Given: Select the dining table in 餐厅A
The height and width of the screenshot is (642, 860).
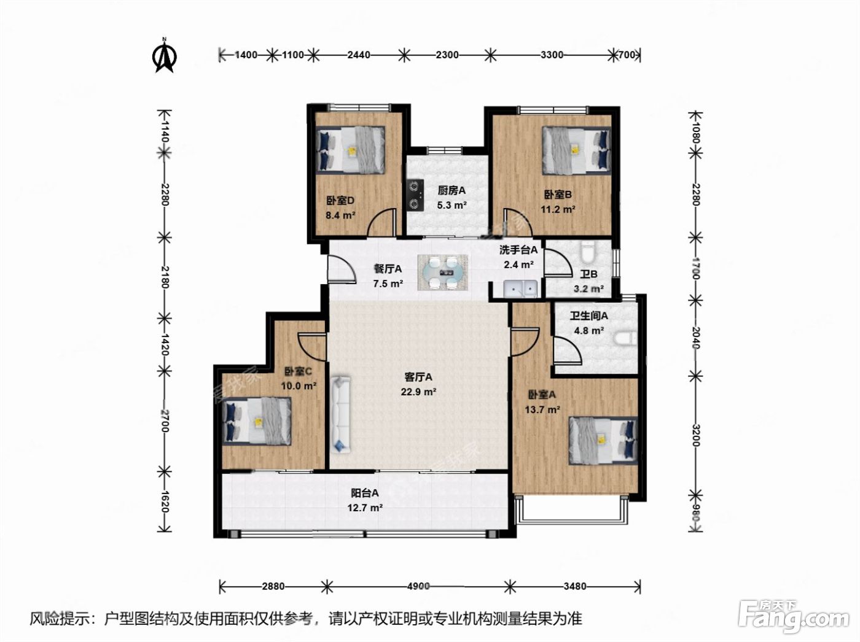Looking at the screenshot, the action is click(x=443, y=273).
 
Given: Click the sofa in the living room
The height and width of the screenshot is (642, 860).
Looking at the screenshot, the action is click(x=340, y=414).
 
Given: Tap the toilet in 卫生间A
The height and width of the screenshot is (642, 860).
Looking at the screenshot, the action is click(x=625, y=339).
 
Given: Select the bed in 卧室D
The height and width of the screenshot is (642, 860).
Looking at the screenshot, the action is click(x=351, y=150).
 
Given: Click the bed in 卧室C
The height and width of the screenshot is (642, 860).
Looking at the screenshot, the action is click(x=257, y=421).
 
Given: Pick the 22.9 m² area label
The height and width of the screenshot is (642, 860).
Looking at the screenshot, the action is click(x=418, y=392).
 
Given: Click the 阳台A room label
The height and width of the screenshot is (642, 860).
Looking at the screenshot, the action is click(x=365, y=493).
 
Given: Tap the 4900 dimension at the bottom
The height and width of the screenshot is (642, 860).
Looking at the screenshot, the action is click(x=418, y=586).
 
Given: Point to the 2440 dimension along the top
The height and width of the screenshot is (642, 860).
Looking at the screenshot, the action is click(x=359, y=55).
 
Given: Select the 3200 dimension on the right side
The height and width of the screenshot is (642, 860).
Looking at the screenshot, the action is click(x=695, y=435).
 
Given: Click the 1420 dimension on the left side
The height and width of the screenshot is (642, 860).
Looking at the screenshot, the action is click(x=165, y=344).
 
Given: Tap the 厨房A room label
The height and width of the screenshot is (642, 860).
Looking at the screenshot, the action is click(x=451, y=191).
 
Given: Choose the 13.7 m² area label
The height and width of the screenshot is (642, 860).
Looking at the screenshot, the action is click(x=542, y=410).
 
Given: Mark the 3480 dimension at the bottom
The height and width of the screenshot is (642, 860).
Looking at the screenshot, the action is click(x=575, y=586).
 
